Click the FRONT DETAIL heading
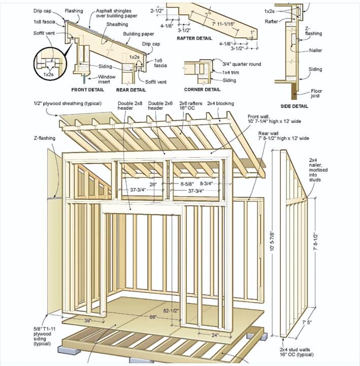87,90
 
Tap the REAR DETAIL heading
130,90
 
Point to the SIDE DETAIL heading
293,106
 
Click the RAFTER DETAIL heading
194,38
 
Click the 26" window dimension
152,185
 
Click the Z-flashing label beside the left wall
45,138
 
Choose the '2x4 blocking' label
220,104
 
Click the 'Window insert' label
107,79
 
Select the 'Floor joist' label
316,94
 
